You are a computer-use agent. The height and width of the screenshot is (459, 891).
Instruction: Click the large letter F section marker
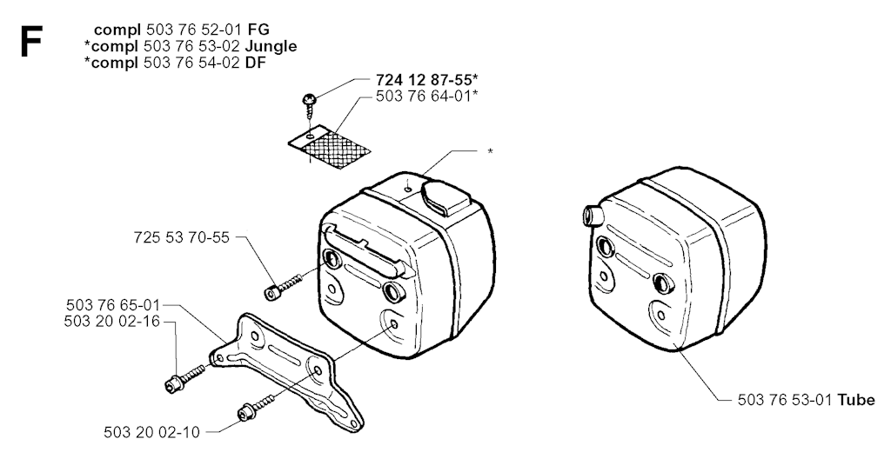click(30, 42)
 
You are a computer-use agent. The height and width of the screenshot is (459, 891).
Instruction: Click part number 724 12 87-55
click(423, 80)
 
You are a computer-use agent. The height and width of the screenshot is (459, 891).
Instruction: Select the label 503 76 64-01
click(423, 96)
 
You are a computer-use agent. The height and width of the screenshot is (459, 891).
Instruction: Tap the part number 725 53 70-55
click(182, 236)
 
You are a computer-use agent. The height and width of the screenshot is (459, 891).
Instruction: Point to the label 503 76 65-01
click(113, 306)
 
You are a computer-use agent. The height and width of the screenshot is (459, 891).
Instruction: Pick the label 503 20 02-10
click(151, 432)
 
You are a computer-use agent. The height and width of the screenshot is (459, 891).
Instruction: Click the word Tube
click(856, 400)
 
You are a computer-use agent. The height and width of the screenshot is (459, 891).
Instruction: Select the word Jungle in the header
click(271, 46)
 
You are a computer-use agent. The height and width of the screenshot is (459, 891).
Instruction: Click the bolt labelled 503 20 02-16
click(184, 377)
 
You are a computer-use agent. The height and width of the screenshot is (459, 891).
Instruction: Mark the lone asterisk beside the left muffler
click(490, 151)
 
